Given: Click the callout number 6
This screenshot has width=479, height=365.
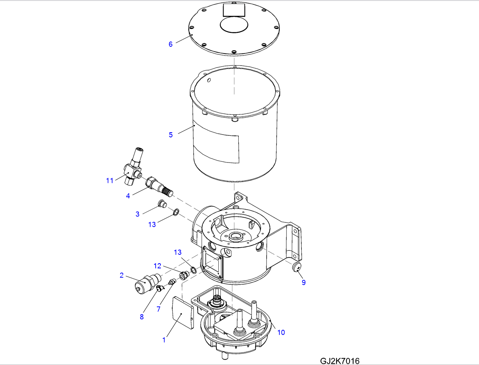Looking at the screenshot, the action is [x=170, y=44].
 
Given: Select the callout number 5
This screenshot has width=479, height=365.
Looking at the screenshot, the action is [x=171, y=135].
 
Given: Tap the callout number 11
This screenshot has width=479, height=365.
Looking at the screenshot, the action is [x=110, y=181].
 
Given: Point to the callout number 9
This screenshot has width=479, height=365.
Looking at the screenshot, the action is [x=303, y=282].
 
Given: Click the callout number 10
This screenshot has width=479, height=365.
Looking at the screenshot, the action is [x=281, y=333].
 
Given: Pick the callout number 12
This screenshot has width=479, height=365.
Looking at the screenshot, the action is [x=157, y=266].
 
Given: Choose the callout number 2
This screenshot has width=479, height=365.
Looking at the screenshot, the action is [x=122, y=275].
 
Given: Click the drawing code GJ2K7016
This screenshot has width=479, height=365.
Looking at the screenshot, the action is [x=340, y=361].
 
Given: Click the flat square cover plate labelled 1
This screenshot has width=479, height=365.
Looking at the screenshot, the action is [x=183, y=313].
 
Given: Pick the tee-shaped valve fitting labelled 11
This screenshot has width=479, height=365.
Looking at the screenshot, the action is [x=133, y=167].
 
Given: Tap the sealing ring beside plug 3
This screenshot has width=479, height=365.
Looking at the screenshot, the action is [x=176, y=212].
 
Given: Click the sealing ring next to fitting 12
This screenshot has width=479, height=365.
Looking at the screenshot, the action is [x=193, y=270].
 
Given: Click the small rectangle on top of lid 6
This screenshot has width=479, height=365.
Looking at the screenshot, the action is [x=234, y=10].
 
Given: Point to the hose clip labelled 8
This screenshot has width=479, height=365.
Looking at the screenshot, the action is [x=160, y=288].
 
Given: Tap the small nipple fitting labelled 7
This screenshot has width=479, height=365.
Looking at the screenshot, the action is [x=172, y=282].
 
